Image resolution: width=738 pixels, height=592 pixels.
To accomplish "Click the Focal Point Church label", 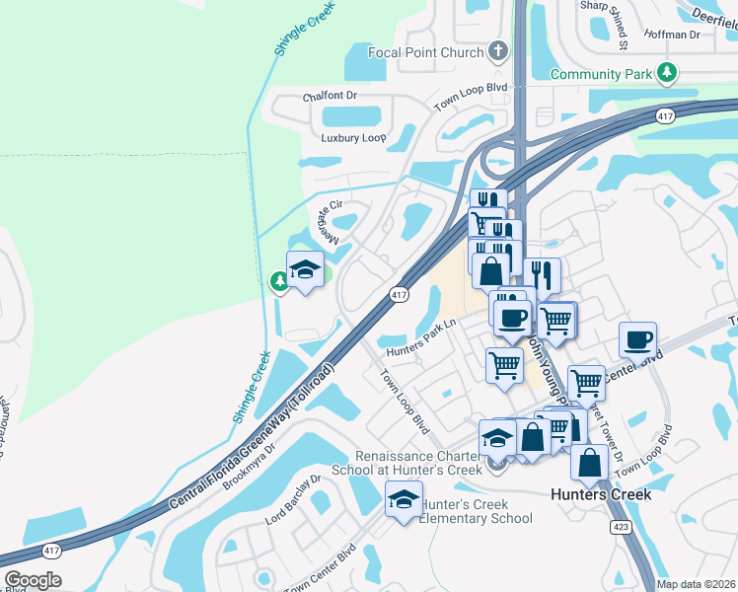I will [x=424, y=52].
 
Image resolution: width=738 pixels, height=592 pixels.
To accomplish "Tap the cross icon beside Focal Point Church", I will [x=498, y=51].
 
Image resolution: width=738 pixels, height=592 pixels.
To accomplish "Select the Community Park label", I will [x=602, y=74].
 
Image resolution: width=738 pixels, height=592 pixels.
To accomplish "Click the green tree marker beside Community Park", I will [x=668, y=72].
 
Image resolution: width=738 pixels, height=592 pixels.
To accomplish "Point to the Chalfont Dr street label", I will [x=329, y=96].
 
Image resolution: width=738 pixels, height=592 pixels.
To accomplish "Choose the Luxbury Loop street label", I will [x=353, y=137].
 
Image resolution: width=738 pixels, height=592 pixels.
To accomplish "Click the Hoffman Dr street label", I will [x=673, y=35].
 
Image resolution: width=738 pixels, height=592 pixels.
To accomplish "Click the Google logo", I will [x=32, y=579].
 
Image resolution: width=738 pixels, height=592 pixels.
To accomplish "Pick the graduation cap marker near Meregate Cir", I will [x=305, y=270].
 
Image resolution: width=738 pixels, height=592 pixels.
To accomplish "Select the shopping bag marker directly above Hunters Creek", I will [x=590, y=462].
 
